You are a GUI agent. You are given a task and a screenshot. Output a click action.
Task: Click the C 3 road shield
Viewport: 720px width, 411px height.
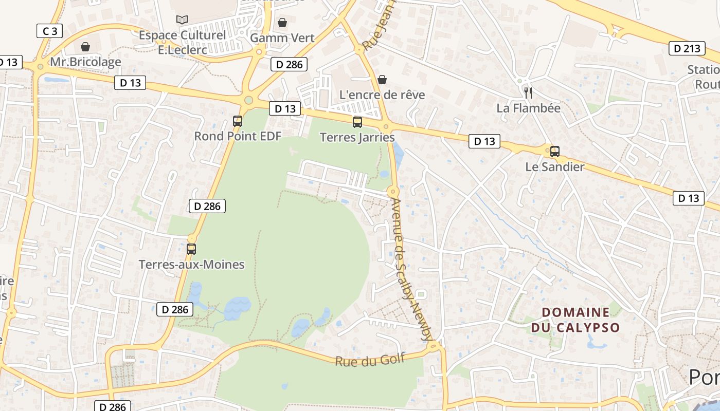(50, 31)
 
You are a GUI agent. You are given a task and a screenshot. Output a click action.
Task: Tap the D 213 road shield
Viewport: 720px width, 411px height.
(687, 48)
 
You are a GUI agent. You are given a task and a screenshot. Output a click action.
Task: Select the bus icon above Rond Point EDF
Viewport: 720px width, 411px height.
(237, 121)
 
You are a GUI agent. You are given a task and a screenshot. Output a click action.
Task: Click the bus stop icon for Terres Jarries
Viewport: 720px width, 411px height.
(357, 122)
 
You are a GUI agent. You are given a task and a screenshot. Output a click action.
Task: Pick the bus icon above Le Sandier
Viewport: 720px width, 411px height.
(554, 152)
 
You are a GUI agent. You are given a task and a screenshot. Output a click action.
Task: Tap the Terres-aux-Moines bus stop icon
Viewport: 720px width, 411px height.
(191, 249)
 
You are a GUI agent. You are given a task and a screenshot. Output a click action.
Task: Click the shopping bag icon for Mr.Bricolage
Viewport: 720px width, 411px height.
(85, 47)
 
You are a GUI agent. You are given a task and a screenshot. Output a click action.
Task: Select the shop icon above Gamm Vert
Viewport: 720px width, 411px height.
(282, 23)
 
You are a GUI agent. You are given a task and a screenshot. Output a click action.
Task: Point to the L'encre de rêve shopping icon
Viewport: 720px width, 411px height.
(382, 80)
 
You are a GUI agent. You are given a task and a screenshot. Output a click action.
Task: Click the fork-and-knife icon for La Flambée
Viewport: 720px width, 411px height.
(528, 92)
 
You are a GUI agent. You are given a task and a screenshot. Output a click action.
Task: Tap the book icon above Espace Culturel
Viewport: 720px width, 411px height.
(182, 20)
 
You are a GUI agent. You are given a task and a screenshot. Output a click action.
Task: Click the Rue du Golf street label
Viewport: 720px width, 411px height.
(370, 359)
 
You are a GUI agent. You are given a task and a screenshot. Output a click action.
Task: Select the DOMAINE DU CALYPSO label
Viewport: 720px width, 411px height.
(575, 320)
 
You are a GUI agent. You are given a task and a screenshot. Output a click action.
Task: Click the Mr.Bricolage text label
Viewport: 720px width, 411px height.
(85, 62)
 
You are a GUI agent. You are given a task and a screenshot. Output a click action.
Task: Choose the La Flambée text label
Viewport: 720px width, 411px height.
(528, 108)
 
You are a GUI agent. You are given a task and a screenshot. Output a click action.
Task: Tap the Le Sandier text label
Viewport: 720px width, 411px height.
(554, 167)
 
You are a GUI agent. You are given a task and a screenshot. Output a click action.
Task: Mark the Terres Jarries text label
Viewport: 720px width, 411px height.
(357, 138)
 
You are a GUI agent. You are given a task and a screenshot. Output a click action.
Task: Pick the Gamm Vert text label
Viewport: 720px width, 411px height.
(282, 38)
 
